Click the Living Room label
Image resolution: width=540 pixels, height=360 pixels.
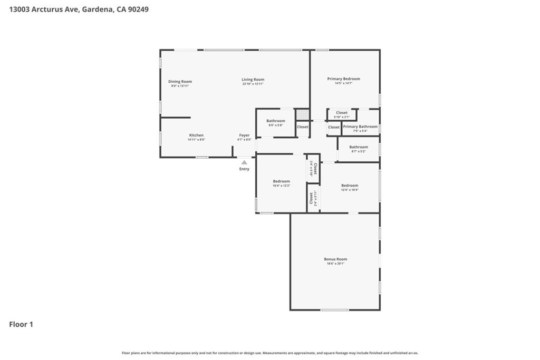click(253, 80)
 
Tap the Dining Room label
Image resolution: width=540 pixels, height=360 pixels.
click(180, 82)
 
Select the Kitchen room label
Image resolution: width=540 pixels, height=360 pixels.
click(196, 135)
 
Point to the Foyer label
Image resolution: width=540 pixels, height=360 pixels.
click(244, 135)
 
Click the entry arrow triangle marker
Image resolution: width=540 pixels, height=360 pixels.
click(244, 162)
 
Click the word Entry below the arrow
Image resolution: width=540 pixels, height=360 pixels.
click(244, 169)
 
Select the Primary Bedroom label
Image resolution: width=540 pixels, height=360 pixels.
click(343, 79)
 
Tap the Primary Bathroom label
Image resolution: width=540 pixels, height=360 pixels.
click(360, 127)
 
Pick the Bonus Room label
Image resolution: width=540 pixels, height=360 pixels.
click(335, 259)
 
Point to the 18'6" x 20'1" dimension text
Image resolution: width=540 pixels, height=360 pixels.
click(335, 264)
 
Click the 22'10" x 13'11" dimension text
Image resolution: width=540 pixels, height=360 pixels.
click(253, 84)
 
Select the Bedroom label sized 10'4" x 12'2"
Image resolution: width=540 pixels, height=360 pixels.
click(281, 181)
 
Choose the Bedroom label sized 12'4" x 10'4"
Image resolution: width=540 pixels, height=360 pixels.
click(350, 186)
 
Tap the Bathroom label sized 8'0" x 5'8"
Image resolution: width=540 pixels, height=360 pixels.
click(275, 121)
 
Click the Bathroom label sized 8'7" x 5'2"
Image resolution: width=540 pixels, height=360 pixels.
click(359, 147)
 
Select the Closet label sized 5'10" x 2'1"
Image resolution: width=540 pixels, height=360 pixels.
click(342, 113)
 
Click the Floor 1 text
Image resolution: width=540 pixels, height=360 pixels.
click(21, 325)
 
